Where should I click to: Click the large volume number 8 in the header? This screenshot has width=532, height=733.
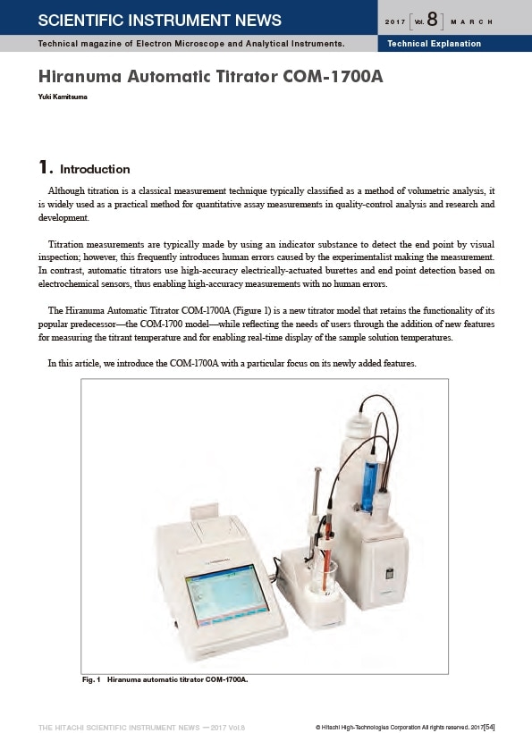pos(432,20)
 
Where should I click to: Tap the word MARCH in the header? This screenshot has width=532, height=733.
pos(471,22)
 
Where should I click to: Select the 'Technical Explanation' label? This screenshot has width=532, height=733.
pos(434,44)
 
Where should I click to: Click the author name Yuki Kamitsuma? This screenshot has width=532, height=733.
pos(63,97)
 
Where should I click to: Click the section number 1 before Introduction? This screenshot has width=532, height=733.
pos(45,167)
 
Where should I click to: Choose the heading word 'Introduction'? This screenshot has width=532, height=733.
pos(95,169)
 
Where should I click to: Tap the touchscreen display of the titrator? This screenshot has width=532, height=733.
pos(227,594)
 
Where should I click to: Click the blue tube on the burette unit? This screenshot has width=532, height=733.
pos(370,486)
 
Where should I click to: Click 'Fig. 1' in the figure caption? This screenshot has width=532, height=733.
pos(91,679)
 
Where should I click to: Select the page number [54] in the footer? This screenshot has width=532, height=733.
pos(489,727)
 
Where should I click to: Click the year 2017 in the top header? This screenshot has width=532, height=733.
pos(395,22)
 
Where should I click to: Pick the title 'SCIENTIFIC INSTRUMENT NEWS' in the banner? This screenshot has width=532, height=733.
pos(160,20)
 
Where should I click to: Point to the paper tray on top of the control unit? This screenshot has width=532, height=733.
pos(204,510)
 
